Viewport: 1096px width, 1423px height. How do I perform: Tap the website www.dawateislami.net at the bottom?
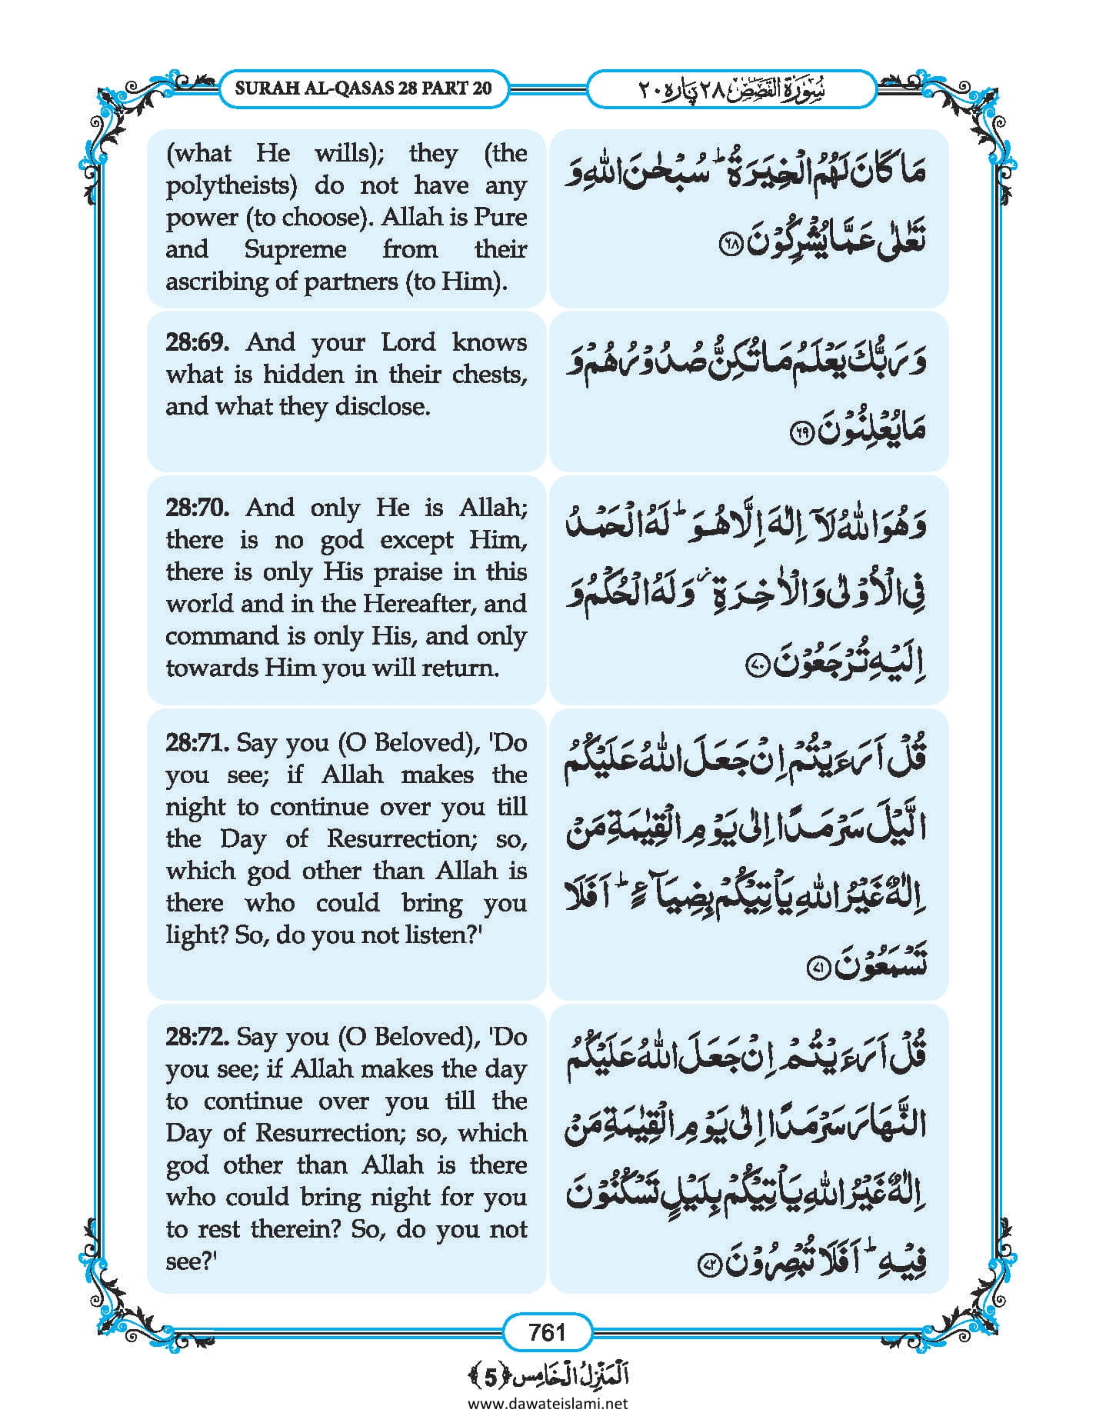coord(548,1403)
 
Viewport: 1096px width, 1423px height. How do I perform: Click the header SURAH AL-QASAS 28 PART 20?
coord(363,88)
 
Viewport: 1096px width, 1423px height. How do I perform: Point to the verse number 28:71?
coord(197,743)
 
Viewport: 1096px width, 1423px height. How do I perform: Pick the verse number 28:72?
coord(197,1037)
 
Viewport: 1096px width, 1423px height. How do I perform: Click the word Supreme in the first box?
coord(295,250)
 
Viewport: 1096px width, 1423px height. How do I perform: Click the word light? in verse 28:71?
coord(196,935)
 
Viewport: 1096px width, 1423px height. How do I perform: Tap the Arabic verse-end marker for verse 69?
coord(800,435)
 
